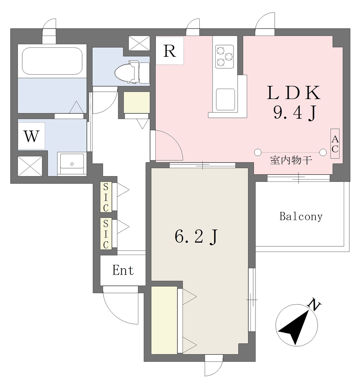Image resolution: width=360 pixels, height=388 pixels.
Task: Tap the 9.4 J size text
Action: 295,113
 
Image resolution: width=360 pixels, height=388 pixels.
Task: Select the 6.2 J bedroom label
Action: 196,237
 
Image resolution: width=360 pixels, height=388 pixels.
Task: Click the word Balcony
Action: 301,216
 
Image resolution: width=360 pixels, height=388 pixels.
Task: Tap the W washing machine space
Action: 31,136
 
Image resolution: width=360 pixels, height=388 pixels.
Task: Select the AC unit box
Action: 335,144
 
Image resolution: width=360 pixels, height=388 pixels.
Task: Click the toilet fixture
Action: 132,72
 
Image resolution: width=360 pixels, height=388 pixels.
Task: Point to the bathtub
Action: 52,61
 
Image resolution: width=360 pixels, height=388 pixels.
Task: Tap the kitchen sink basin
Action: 225,100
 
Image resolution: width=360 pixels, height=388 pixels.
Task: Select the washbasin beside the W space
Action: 72,164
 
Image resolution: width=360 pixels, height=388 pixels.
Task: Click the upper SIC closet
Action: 106,197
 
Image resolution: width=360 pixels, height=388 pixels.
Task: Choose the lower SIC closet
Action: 106,234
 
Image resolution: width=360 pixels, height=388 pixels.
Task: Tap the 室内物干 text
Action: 291,160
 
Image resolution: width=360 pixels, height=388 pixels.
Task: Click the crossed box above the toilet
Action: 139,43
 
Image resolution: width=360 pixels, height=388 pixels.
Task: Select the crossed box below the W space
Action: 30,166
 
